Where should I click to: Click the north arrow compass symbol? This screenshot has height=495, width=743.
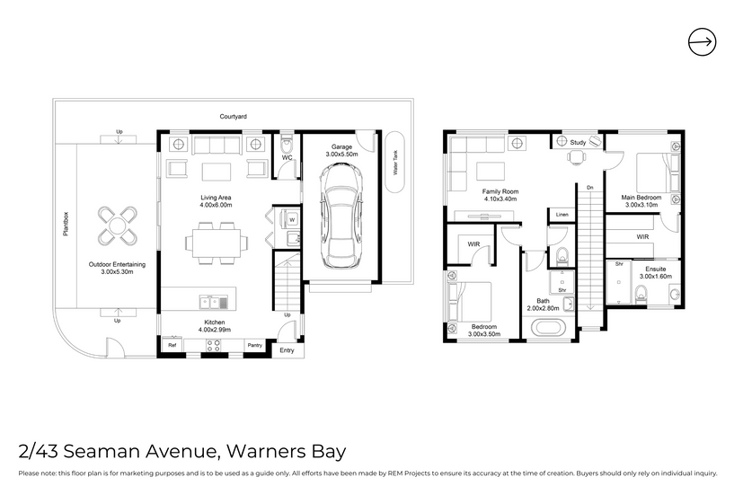coord(702,41)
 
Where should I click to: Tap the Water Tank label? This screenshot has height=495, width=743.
coord(395,163)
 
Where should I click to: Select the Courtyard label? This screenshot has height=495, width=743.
coord(233,117)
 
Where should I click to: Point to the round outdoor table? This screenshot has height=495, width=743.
coord(118,225)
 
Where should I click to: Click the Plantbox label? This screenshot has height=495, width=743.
coord(66,224)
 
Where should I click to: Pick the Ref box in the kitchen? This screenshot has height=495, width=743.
coord(172,345)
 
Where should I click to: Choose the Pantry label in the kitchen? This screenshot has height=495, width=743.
coord(255,345)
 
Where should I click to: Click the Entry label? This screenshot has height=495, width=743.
coord(287,350)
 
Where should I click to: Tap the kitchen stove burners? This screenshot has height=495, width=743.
coord(213,346)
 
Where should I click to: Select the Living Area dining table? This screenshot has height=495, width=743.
coord(217,243)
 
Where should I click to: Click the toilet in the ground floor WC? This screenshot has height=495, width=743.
coord(287,143)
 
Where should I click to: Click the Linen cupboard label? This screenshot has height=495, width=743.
coord(562,215)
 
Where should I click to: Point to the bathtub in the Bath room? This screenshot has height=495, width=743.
coord(548,328)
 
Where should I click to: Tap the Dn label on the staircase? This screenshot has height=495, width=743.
coord(590,188)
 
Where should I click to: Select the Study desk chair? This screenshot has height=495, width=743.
coord(576,157)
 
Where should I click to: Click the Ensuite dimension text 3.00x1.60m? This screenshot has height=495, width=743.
coord(655,277)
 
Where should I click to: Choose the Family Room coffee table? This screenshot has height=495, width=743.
coord(491,171)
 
